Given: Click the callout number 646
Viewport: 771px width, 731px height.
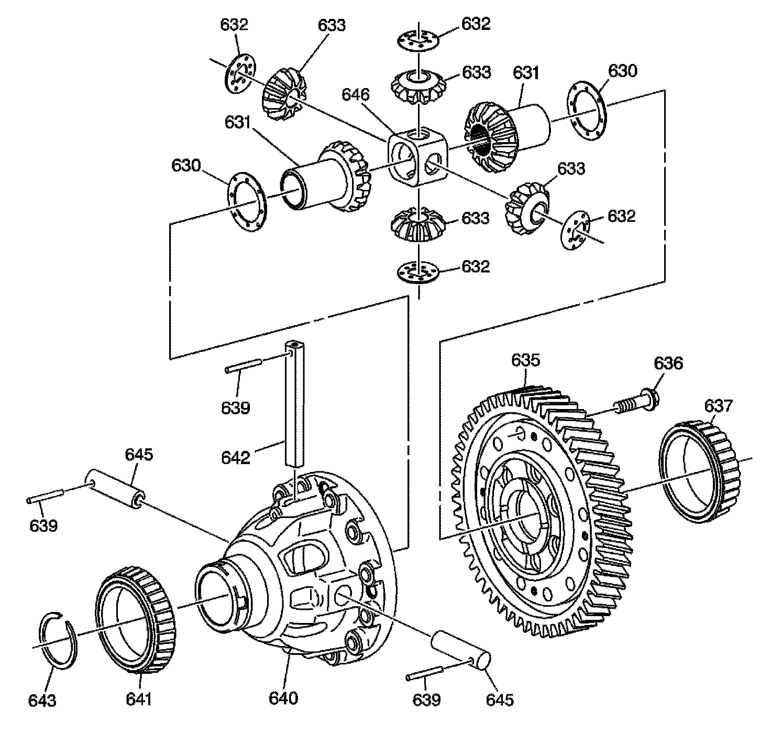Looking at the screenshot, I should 356,95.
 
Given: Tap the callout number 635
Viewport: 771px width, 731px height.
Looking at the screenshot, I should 525,361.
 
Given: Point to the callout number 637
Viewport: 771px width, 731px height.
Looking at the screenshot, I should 719,405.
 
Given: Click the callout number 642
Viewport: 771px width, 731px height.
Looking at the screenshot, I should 236,458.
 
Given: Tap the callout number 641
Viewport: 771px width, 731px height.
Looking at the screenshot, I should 138,700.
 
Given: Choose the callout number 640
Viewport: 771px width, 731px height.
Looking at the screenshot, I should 283,698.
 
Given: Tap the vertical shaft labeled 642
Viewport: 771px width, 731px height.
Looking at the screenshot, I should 295,404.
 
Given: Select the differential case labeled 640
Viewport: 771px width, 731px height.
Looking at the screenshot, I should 304,566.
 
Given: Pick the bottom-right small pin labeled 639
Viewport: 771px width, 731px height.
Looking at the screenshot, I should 425,676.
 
